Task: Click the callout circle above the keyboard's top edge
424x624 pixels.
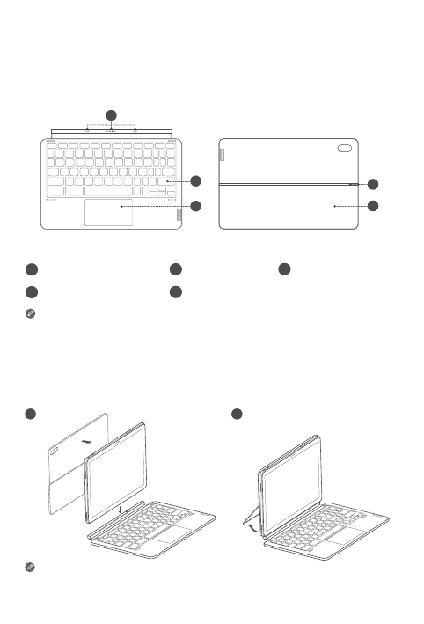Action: (x=111, y=115)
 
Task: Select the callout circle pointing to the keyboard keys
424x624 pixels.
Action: (x=195, y=181)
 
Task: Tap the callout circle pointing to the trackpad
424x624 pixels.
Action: (x=195, y=206)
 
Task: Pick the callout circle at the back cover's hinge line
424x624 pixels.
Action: (x=373, y=184)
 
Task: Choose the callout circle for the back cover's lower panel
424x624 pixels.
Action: (x=373, y=206)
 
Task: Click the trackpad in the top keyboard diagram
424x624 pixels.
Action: (x=109, y=212)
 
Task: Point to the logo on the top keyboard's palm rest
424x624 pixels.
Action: (x=179, y=214)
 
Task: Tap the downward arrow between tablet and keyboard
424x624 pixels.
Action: (x=121, y=510)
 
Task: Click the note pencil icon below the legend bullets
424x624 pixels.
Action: (x=30, y=313)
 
